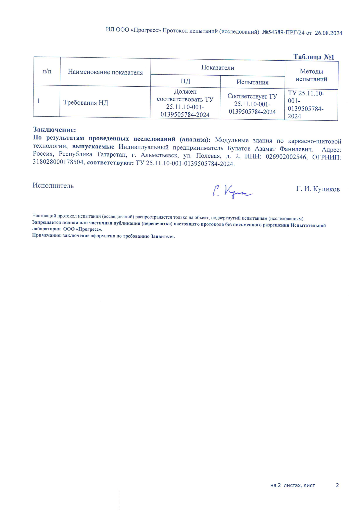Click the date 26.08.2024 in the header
coord(328,33)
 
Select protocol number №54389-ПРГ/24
coord(283,32)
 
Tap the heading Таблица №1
coord(314,57)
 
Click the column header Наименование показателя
coord(105,72)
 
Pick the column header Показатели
coord(218,68)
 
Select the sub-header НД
coord(185,81)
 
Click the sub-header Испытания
coord(252,82)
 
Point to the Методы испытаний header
coord(311,75)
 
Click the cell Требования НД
coord(86,103)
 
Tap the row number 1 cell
coord(39,101)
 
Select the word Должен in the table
coord(185,92)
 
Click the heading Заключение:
coord(54,130)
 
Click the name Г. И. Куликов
coord(318,189)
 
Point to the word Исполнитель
coord(53,186)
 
